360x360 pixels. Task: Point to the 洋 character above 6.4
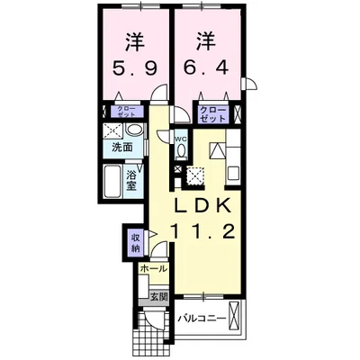pos(205,40)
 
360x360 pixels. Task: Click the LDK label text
pos(205,205)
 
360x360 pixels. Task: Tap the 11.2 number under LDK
pos(205,232)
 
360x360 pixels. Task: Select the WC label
pos(180,139)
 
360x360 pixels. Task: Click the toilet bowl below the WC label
pos(180,153)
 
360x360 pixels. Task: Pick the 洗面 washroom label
pos(122,146)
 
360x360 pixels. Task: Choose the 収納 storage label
pos(135,241)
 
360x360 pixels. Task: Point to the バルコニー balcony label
pos(200,317)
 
